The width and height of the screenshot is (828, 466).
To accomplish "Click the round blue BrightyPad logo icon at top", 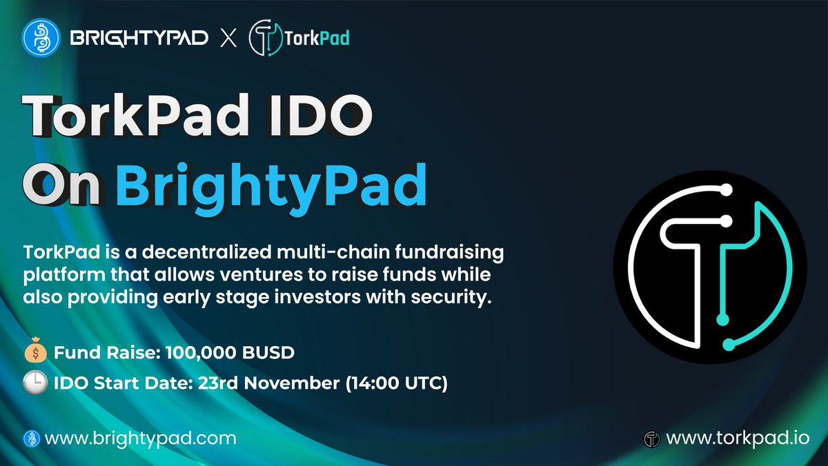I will pyautogui.click(x=40, y=38).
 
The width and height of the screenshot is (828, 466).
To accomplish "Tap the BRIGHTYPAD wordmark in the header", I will pyautogui.click(x=139, y=39).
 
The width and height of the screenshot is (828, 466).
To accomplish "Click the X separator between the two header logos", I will pyautogui.click(x=228, y=39).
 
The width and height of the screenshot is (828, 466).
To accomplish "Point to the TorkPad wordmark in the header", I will pyautogui.click(x=317, y=39).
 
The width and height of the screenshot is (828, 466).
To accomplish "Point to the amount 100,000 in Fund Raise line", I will pyautogui.click(x=193, y=353).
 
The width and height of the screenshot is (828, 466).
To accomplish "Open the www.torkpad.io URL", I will pyautogui.click(x=738, y=438).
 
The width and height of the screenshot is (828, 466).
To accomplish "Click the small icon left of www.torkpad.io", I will pyautogui.click(x=652, y=438).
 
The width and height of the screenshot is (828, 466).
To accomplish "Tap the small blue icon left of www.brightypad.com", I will pyautogui.click(x=30, y=438).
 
